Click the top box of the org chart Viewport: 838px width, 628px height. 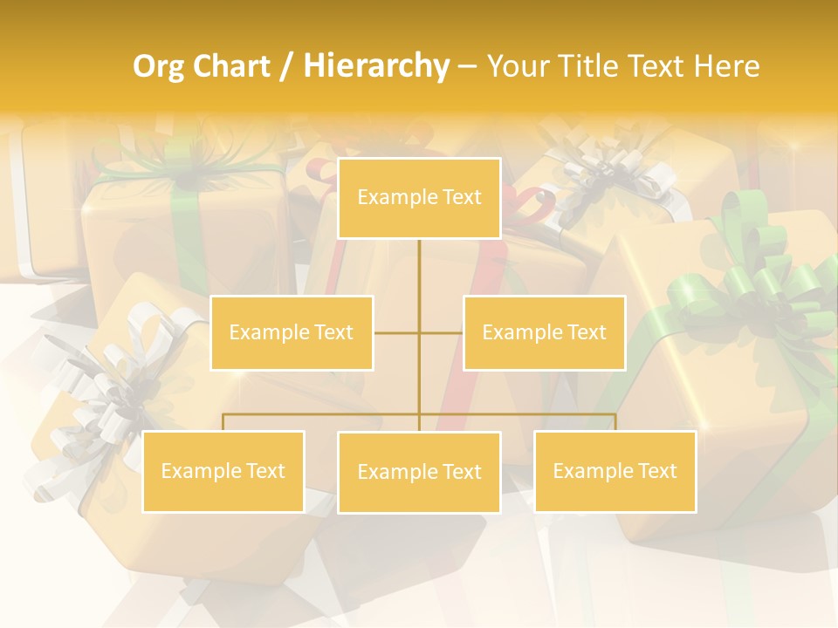pyautogui.click(x=419, y=198)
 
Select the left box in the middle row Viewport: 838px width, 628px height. pyautogui.click(x=292, y=332)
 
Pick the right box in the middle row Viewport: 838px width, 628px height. pyautogui.click(x=544, y=332)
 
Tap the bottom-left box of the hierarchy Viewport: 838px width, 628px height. pyautogui.click(x=223, y=471)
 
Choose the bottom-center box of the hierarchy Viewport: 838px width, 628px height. pyautogui.click(x=419, y=472)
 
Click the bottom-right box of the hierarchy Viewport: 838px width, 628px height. pyautogui.click(x=615, y=471)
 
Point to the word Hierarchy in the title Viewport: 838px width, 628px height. pyautogui.click(x=375, y=66)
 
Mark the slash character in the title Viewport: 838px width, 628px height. pyautogui.click(x=286, y=66)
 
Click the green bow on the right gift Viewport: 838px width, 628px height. pyautogui.click(x=742, y=288)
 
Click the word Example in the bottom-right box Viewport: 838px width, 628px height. pyautogui.click(x=592, y=471)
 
